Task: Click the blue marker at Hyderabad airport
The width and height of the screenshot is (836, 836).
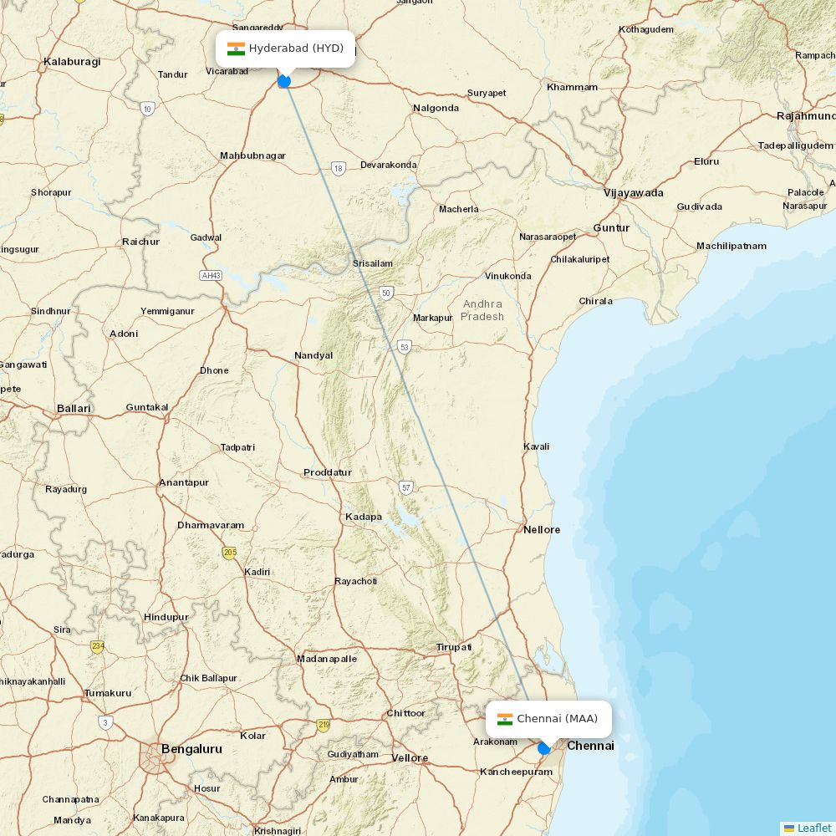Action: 284,81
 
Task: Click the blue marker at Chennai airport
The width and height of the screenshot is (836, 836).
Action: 544,748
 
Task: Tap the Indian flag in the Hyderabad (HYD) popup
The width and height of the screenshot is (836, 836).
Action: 236,48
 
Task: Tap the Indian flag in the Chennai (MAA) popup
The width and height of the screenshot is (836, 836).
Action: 505,719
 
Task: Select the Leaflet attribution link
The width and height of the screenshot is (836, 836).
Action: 813,828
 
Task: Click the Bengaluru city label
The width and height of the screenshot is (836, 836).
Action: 191,749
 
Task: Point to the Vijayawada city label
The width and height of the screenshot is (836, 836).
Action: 634,193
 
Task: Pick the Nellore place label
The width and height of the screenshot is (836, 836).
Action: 542,529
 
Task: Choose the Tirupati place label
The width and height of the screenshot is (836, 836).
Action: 454,647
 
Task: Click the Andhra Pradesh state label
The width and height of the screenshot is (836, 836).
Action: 482,310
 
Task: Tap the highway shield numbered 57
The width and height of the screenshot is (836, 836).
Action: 406,487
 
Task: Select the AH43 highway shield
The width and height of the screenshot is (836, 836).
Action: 211,275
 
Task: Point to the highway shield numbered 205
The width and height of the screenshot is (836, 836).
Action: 229,553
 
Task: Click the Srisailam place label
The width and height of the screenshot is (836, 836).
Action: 372,263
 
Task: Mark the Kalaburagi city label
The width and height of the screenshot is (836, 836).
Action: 72,61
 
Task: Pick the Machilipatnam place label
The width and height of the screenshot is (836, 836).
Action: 731,246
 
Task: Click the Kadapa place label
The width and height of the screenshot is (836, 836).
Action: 364,517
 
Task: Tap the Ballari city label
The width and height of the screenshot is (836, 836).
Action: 74,408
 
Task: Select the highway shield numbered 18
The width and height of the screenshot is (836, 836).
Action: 338,168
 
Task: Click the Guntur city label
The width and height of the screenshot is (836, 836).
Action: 611,227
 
